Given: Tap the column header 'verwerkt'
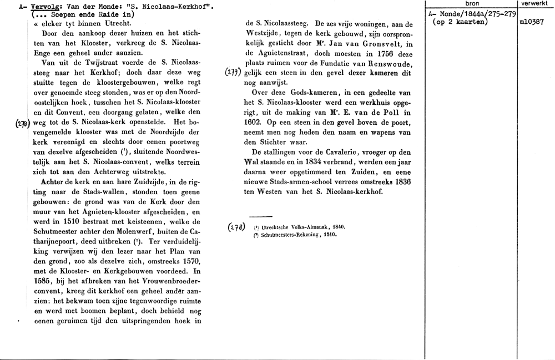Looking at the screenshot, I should click(534, 4).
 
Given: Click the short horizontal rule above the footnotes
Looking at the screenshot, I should click(260, 216).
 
